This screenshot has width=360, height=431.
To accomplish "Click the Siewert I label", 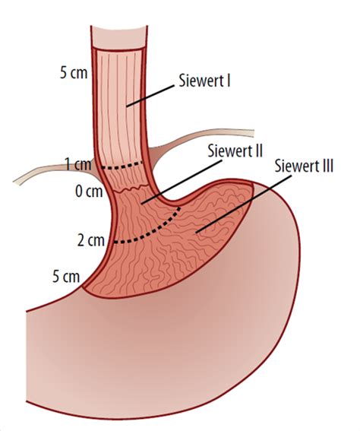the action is pos(204,81).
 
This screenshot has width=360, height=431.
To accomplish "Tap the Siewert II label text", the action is pos(235,151).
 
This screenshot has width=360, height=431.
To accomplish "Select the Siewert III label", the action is pos(304,166).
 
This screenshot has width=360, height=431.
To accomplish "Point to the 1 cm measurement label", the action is pos(78,164).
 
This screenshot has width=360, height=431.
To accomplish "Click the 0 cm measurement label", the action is pos(89,191).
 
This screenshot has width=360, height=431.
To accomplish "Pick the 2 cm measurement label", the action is pos(91,240).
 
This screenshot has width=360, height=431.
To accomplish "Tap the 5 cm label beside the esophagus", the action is pos(74,73).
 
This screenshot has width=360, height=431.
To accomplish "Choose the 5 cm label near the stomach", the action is pos(66,276).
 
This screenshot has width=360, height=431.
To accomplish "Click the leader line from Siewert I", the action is pos(150,96).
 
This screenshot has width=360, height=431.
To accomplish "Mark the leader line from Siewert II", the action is pos(182,182).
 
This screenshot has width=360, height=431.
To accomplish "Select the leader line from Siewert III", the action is pos(243,204).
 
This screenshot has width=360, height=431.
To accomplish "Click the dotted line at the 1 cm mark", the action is pos(122,166).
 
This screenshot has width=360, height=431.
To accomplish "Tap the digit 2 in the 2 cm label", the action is pos(81,240).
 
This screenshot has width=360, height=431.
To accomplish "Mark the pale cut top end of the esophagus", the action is pos(119,38).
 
